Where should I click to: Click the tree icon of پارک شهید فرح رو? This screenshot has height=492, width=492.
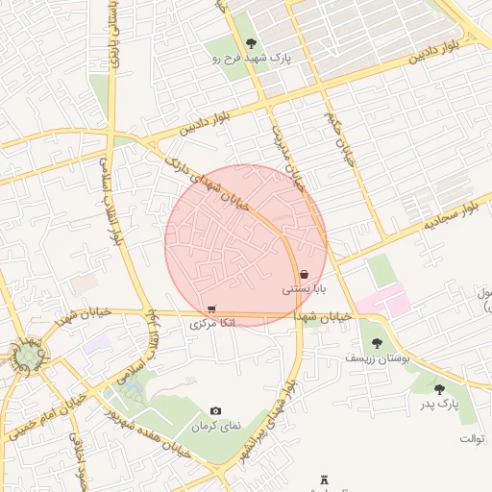pyautogui.click(x=251, y=42)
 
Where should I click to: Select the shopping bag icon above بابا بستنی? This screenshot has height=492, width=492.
pyautogui.click(x=304, y=274)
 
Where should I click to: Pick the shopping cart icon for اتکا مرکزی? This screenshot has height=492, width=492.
pyautogui.click(x=211, y=308)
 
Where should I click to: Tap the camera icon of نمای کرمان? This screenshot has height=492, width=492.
pyautogui.click(x=215, y=410)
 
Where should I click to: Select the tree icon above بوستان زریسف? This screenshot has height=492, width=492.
pyautogui.click(x=377, y=342)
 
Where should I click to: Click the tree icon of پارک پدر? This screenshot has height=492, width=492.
pyautogui.click(x=439, y=389)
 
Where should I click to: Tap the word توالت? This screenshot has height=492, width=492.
pyautogui.click(x=473, y=438)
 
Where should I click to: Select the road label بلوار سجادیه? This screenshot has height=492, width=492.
pyautogui.click(x=449, y=216)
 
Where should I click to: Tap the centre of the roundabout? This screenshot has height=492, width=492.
pyautogui.click(x=28, y=357)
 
